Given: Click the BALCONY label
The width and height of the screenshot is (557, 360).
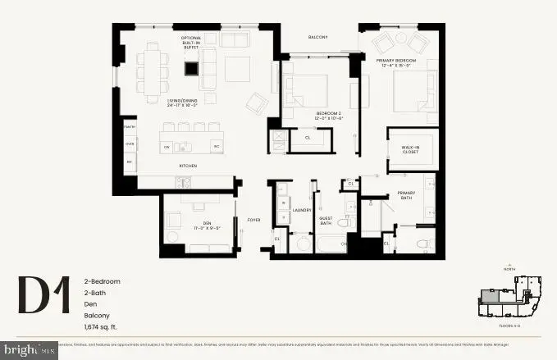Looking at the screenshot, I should click(317, 37).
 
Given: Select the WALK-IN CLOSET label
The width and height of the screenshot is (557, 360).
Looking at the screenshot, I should click(411, 149).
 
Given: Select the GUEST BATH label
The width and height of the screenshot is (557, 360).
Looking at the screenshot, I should click(326, 220).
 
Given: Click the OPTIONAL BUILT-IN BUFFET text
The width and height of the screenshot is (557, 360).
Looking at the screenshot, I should click(191, 43).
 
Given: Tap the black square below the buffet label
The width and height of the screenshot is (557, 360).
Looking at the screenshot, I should click(190, 69).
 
